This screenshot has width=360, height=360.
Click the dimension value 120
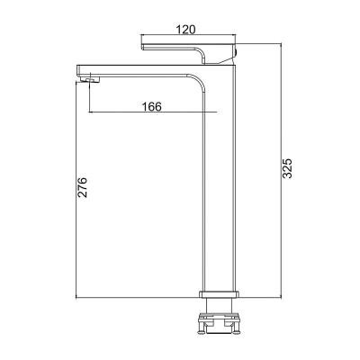(x=185, y=30)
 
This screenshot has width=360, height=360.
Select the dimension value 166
(x=152, y=106)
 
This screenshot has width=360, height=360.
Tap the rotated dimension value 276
(x=82, y=187)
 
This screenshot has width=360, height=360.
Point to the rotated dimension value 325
(x=287, y=168)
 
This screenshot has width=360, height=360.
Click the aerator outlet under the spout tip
(x=90, y=79)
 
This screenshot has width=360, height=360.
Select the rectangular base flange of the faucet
(x=220, y=294)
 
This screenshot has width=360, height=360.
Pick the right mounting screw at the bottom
(x=236, y=328)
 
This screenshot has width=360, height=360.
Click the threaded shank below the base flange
(x=220, y=305)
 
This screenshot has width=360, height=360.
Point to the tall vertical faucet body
(x=220, y=180)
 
